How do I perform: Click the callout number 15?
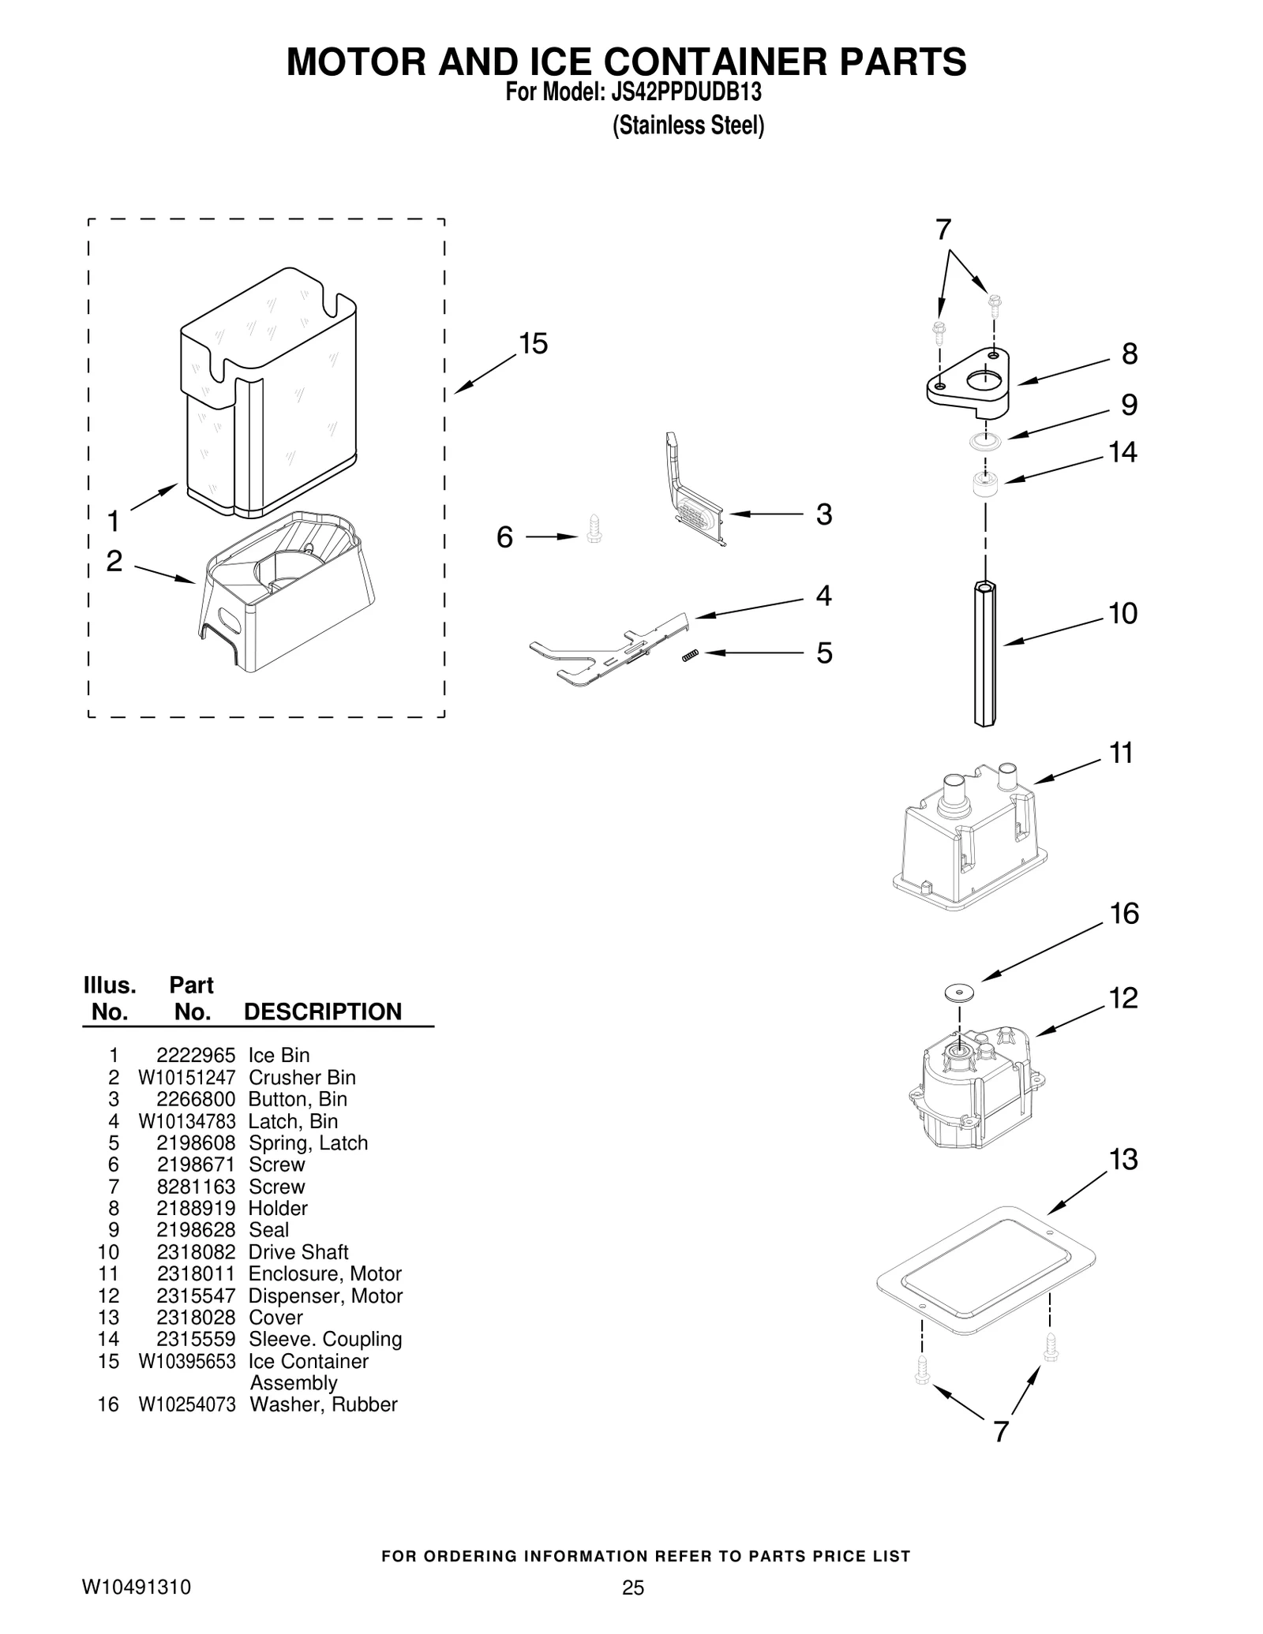[x=534, y=344]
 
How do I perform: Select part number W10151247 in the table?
[x=187, y=1077]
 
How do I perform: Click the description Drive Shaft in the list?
[x=298, y=1251]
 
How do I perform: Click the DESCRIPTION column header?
[x=323, y=1011]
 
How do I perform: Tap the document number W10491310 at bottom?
[x=137, y=1587]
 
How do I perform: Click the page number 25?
[x=632, y=1587]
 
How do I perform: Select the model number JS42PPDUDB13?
[x=685, y=93]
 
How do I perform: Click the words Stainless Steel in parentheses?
[x=688, y=126]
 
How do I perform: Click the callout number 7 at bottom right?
[x=1000, y=1431]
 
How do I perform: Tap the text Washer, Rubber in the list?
[x=323, y=1404]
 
